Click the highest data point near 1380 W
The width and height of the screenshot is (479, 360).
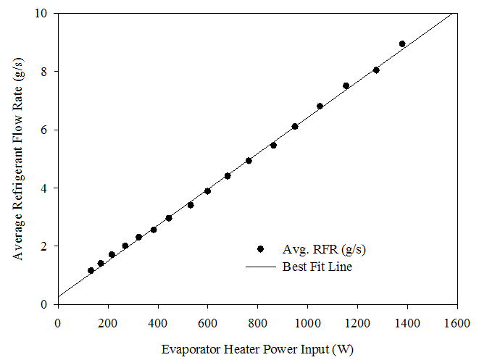[402, 44]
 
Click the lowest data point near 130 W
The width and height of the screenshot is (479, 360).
[91, 271]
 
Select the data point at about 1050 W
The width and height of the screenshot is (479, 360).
[320, 106]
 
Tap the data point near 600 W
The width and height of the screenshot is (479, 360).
[207, 191]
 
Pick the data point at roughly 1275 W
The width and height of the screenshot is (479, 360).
[376, 70]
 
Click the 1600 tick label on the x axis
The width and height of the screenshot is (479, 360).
[457, 322]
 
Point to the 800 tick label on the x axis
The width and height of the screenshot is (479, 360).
[257, 322]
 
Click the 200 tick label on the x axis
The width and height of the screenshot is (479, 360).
[107, 322]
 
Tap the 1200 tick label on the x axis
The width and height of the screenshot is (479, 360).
[357, 322]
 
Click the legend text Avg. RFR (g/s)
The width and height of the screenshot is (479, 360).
[324, 249]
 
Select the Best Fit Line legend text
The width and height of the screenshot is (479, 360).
[317, 267]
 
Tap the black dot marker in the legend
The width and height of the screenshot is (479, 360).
[260, 249]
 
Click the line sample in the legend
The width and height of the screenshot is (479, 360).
[260, 267]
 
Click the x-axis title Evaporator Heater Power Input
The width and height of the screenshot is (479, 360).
[257, 349]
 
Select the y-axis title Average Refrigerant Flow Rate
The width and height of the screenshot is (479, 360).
[18, 159]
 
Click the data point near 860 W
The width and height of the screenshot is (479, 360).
[273, 145]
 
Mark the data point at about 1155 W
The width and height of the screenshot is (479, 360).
[346, 85]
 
